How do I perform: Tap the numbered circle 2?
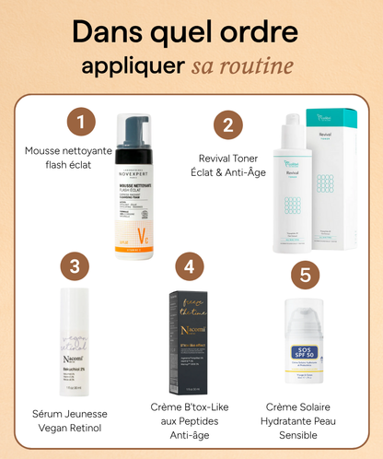pos(227,124)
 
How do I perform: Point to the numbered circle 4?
pos(189,267)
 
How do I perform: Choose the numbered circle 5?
pos(305,275)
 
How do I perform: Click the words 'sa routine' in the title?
pos(243,67)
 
